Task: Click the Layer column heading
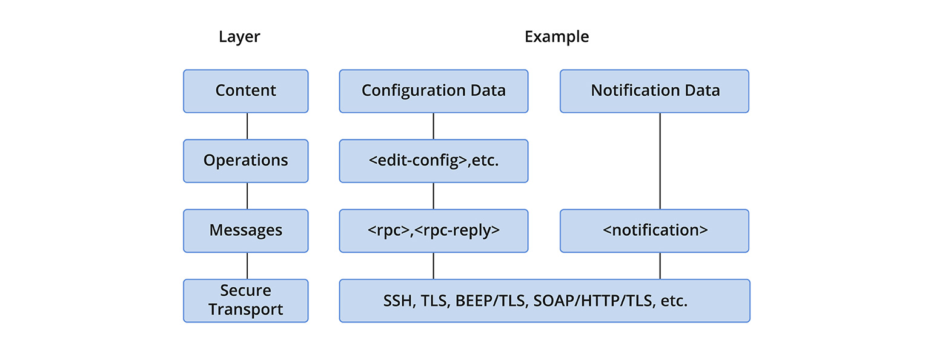coord(239,37)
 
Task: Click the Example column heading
coord(556,37)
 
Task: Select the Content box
coord(245,91)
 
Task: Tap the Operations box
coord(245,161)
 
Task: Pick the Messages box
coord(245,230)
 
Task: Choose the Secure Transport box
coord(245,300)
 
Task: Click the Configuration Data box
coord(433,91)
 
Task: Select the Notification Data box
coord(654,91)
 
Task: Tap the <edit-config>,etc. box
coord(433,161)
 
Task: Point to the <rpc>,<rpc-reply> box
coord(433,230)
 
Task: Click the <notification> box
coord(654,230)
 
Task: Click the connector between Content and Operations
coord(247,126)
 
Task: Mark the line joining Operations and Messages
coord(247,196)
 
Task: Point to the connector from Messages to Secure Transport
coord(247,265)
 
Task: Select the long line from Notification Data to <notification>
coord(660,161)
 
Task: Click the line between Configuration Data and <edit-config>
coord(433,126)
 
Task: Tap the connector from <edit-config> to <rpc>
coord(433,196)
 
